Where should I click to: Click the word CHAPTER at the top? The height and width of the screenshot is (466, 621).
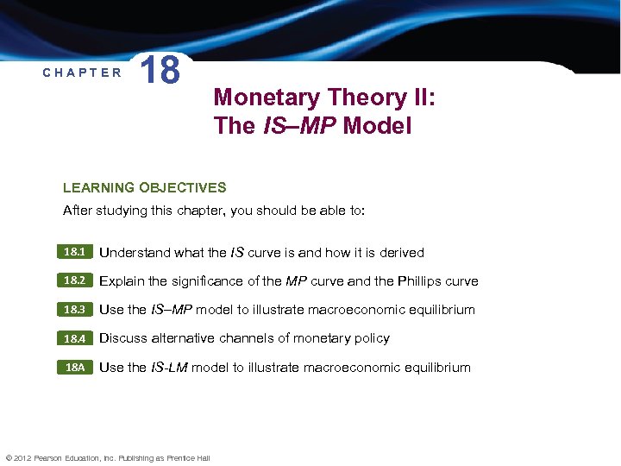coord(82,72)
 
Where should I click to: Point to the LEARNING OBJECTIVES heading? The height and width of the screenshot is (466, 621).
coord(145,187)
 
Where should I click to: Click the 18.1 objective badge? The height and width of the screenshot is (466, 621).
coord(73,253)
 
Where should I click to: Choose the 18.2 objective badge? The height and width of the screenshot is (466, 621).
coord(73,281)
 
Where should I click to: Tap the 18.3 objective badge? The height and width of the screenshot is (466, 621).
coord(73,310)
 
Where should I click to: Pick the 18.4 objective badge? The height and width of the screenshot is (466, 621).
coord(73,338)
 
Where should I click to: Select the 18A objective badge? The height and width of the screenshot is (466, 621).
coord(73,368)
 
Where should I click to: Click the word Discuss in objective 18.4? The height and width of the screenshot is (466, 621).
coord(123,338)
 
